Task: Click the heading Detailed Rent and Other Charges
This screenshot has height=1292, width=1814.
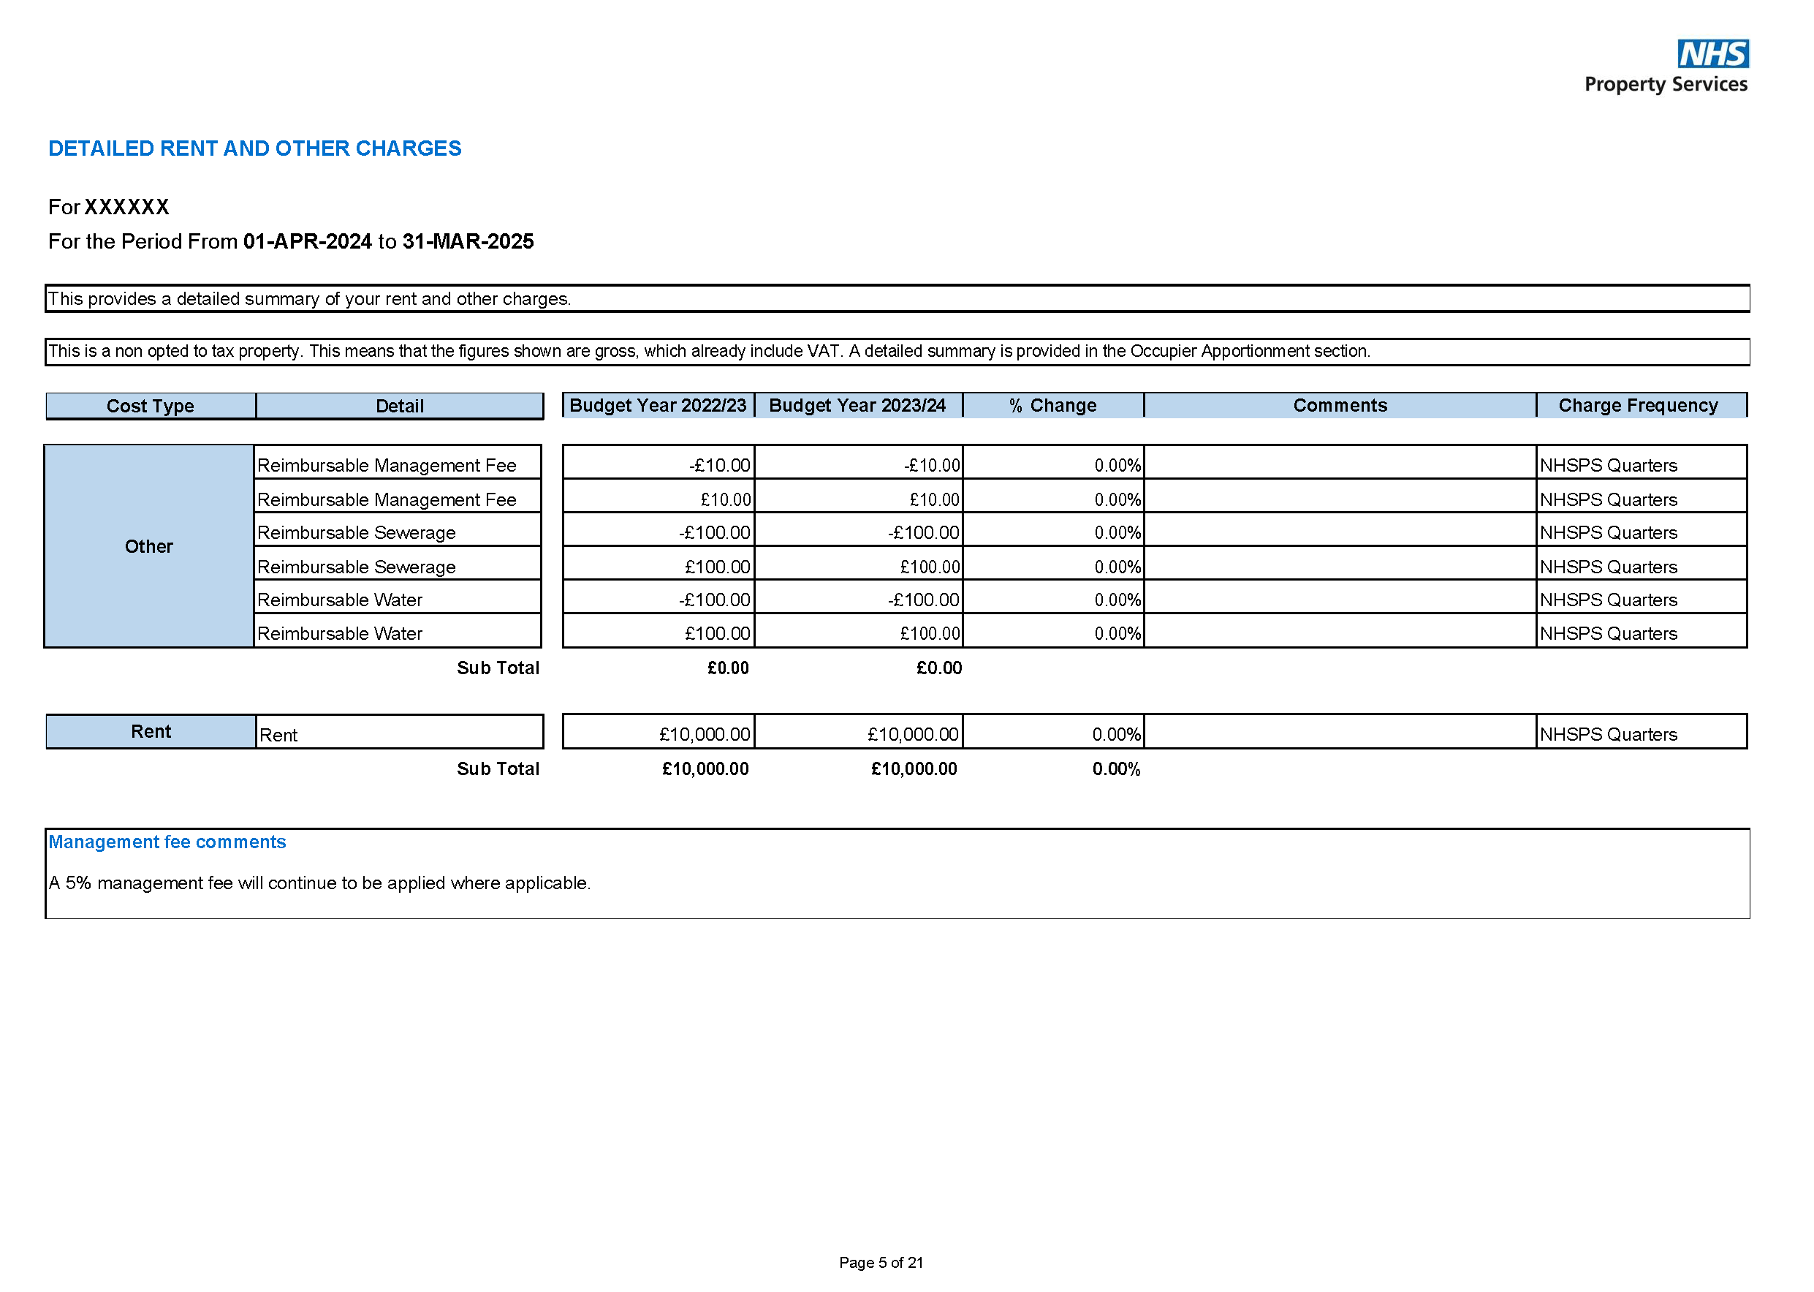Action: tap(254, 148)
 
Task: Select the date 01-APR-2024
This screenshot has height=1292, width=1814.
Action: tap(307, 242)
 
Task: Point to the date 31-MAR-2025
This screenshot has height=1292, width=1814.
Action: tap(468, 242)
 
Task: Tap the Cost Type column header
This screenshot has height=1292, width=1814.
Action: tap(151, 406)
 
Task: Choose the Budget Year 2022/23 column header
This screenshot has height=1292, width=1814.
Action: tap(658, 406)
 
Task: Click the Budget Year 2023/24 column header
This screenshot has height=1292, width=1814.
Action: tap(857, 406)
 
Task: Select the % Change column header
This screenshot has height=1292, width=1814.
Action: tap(1052, 406)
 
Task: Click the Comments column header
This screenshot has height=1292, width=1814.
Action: tap(1339, 406)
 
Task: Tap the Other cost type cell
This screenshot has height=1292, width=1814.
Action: tap(148, 546)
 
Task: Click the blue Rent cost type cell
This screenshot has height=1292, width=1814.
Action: tap(151, 732)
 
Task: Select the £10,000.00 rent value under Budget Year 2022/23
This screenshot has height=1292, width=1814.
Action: tap(704, 734)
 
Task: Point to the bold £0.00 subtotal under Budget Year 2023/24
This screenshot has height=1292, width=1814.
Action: tap(938, 668)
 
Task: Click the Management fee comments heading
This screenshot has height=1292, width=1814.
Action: tap(167, 842)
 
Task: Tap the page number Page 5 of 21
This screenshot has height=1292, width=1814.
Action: tap(881, 1263)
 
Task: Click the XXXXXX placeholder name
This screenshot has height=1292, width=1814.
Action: tap(126, 208)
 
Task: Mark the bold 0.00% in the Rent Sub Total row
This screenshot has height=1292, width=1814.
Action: tap(1116, 769)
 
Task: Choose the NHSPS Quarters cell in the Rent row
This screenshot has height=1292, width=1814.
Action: tap(1607, 734)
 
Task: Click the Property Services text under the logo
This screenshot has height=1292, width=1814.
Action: tap(1666, 84)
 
